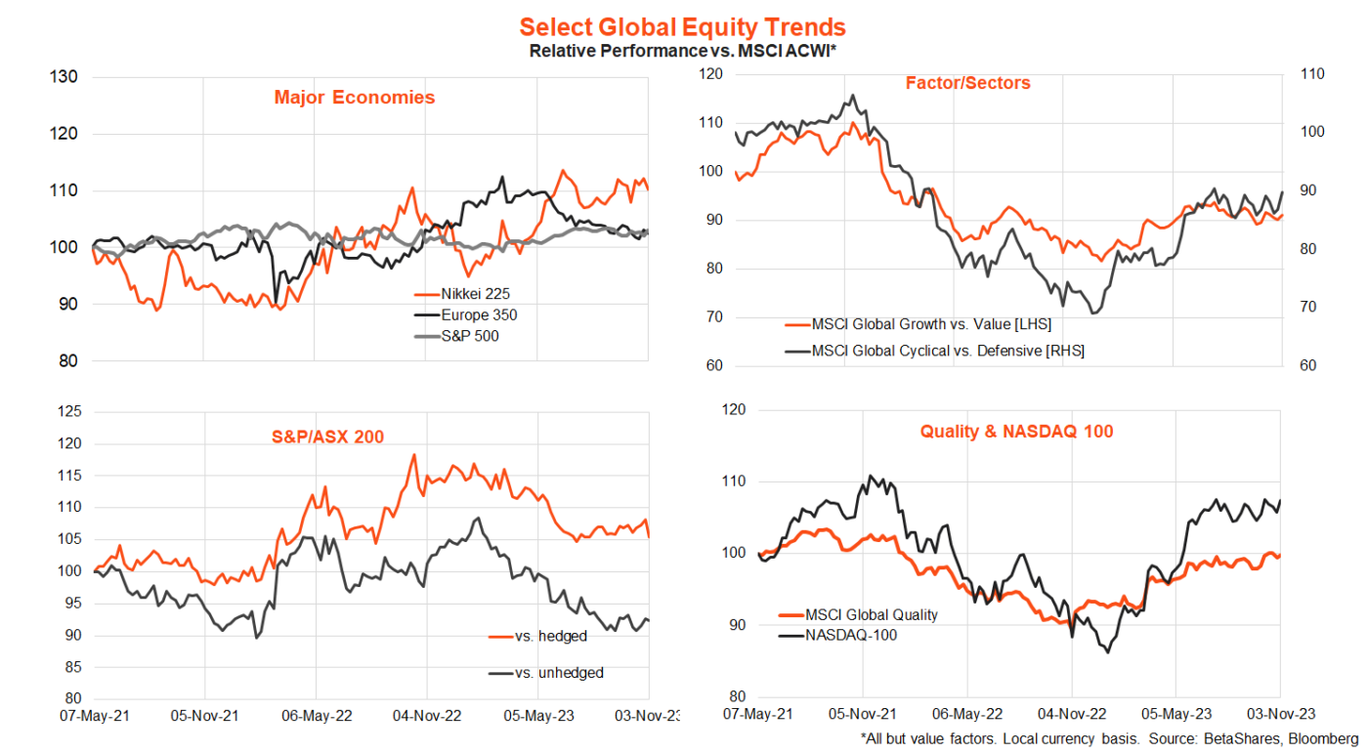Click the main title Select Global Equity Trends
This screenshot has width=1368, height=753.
(682, 26)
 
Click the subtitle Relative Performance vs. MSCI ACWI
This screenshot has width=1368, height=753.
(682, 50)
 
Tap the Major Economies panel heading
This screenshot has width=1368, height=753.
(355, 98)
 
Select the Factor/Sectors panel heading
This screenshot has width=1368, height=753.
(967, 84)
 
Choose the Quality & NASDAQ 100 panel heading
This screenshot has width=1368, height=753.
(1016, 431)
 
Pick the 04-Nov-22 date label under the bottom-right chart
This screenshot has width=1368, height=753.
(1071, 713)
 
